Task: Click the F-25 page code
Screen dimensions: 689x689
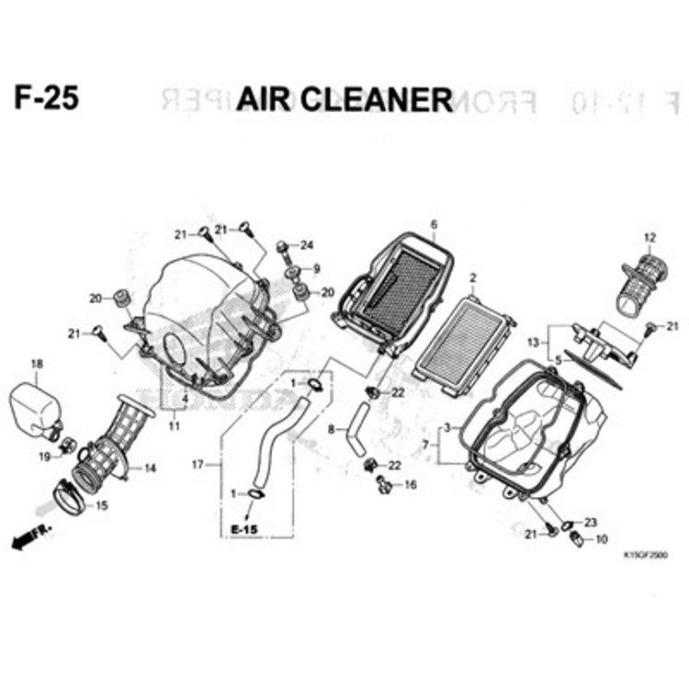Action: [x=46, y=98]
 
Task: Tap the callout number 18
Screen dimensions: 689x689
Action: [x=37, y=365]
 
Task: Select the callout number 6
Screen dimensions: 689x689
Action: [x=434, y=224]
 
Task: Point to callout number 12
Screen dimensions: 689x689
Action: [x=649, y=238]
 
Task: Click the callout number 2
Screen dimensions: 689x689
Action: [x=473, y=277]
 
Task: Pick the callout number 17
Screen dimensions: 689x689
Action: [x=197, y=466]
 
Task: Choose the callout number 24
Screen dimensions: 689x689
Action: [x=307, y=245]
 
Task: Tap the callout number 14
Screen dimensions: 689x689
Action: [x=151, y=469]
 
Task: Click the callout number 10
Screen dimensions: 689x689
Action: [x=602, y=539]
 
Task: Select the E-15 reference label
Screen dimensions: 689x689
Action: [x=244, y=530]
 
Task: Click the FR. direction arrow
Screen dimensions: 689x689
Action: [x=33, y=539]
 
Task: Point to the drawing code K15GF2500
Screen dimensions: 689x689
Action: [x=644, y=556]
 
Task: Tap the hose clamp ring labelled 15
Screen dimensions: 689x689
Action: [x=67, y=497]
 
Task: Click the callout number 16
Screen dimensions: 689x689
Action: [x=410, y=484]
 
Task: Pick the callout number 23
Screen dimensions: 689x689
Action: [x=590, y=522]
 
